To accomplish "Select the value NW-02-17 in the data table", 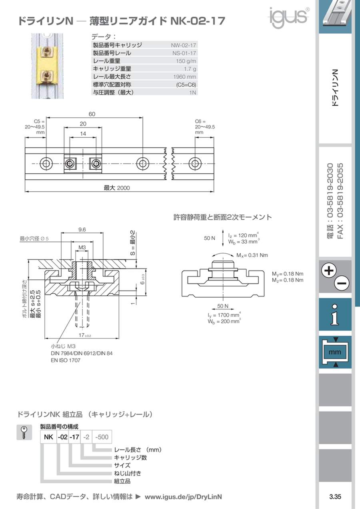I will [x=184, y=46].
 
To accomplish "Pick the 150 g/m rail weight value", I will [x=186, y=61].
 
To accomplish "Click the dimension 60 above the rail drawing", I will [x=92, y=114].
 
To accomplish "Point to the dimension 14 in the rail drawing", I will [x=82, y=134].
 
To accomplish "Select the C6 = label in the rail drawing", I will [x=200, y=121].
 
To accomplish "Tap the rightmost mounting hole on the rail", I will [x=195, y=163].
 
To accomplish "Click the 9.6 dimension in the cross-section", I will [x=82, y=230].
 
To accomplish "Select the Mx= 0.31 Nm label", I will [x=252, y=255].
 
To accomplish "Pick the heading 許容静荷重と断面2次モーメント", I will [x=222, y=217].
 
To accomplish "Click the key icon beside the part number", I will [x=24, y=432].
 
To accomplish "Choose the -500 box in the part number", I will [x=102, y=437].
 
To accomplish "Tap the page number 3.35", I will [x=335, y=497].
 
